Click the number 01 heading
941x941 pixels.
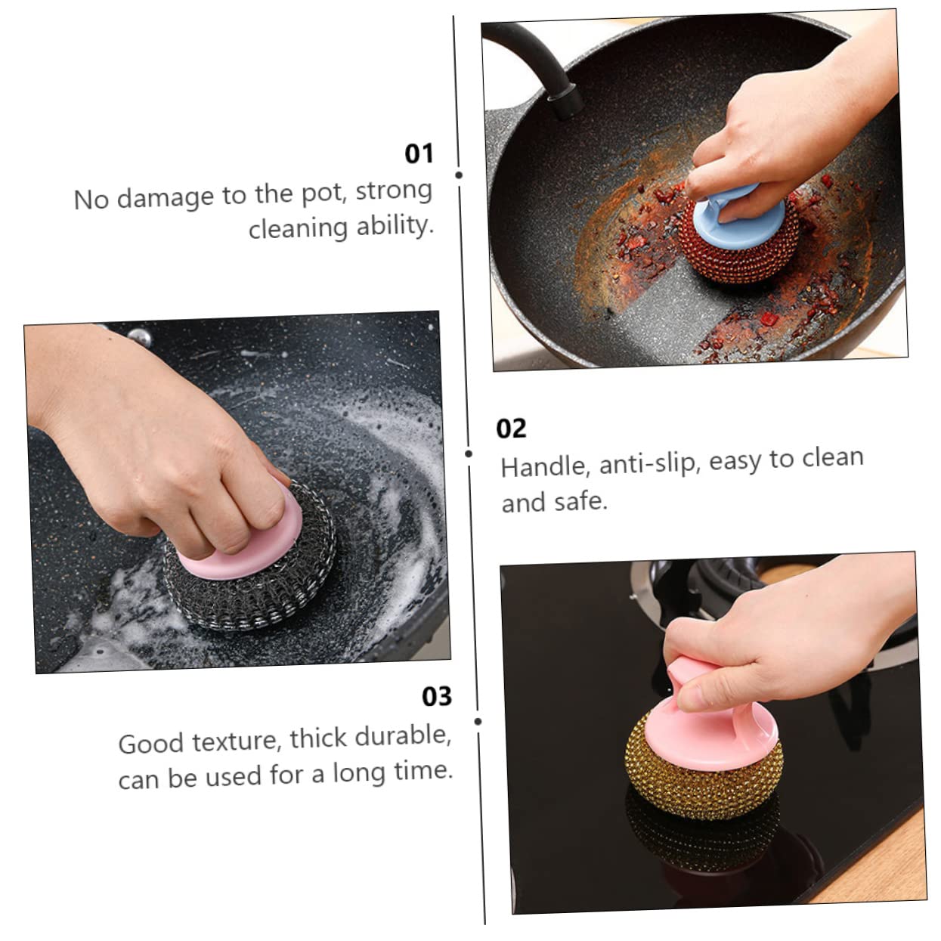(419, 153)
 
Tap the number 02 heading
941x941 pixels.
(511, 429)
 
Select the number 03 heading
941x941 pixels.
(436, 695)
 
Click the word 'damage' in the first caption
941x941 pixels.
(166, 197)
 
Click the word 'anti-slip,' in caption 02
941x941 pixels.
(649, 463)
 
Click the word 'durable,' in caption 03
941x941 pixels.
(404, 735)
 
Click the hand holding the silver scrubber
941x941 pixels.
(151, 438)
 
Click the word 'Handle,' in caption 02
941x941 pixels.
(544, 466)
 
